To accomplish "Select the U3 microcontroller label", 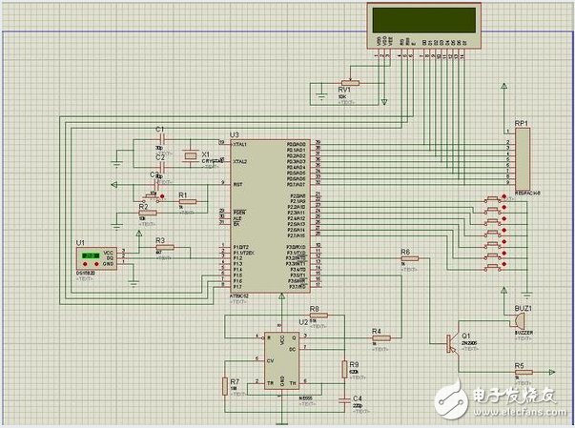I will (x=235, y=135).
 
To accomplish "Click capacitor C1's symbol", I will (x=163, y=138).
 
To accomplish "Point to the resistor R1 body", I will (x=187, y=201).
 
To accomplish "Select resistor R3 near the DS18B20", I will (x=165, y=248).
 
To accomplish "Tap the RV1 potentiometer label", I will (x=345, y=90).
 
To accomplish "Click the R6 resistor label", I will (x=405, y=251).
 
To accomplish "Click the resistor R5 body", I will (x=520, y=373).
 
